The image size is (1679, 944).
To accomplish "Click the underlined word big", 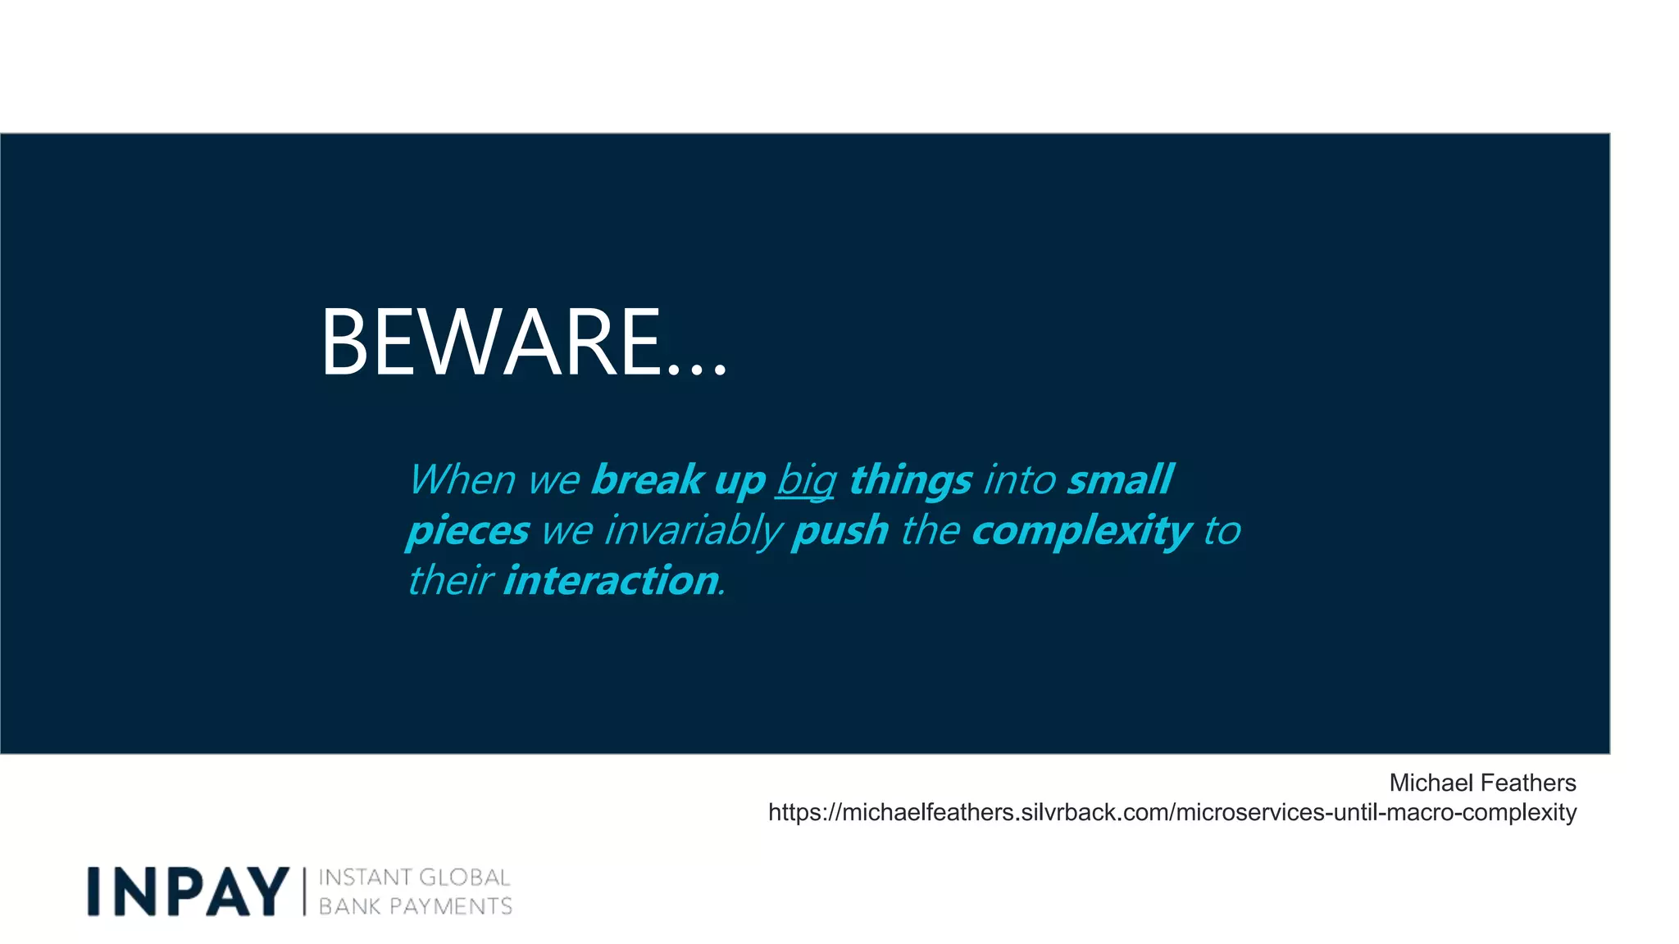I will [x=805, y=480].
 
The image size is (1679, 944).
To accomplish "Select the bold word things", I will [x=910, y=480].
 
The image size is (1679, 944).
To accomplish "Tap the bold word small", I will [x=1120, y=480].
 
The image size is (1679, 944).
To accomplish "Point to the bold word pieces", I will [x=467, y=531].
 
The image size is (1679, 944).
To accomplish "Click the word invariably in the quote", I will [x=693, y=531].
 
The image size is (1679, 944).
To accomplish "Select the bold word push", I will [x=839, y=531].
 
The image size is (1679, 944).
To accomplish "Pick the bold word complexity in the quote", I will [x=1081, y=531].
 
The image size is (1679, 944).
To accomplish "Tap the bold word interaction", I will [x=611, y=581].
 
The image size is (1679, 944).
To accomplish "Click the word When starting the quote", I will [x=462, y=480].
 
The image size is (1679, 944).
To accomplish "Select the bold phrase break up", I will [x=677, y=480].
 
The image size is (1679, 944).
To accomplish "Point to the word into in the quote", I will [x=1019, y=480].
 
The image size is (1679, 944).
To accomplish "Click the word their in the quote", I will [x=449, y=581].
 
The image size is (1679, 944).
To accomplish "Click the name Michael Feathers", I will [x=1481, y=783].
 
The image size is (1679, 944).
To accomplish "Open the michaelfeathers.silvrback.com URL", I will [x=1172, y=812].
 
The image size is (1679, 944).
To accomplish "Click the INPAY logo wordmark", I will [x=188, y=892].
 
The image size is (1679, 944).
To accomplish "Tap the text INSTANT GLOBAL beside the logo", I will [x=414, y=878].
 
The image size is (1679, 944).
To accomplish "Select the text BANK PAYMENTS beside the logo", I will [x=415, y=906].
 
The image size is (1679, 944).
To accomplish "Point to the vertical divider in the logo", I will [x=304, y=892].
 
